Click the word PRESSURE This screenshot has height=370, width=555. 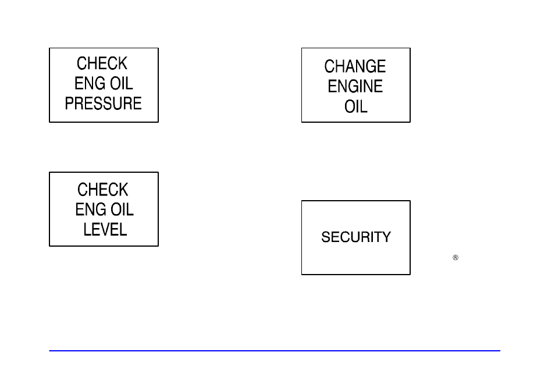coord(104,104)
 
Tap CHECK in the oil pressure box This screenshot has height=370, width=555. coord(102,63)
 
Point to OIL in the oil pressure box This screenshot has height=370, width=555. coord(121,84)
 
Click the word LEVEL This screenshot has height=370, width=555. coord(105,229)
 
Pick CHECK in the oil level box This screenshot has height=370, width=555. coord(103,190)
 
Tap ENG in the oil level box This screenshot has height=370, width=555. coord(90,209)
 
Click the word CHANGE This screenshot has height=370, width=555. coord(355,66)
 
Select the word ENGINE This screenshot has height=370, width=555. coord(355,87)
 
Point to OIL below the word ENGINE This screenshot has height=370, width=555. coord(356,107)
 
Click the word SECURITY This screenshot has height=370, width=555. coord(356,237)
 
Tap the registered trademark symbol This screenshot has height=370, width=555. coord(456,257)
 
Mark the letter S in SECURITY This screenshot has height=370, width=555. coord(326,237)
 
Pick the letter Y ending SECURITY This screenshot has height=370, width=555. coord(387,237)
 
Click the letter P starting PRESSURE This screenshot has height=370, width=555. coord(69,104)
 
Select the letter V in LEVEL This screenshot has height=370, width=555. coord(105,229)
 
